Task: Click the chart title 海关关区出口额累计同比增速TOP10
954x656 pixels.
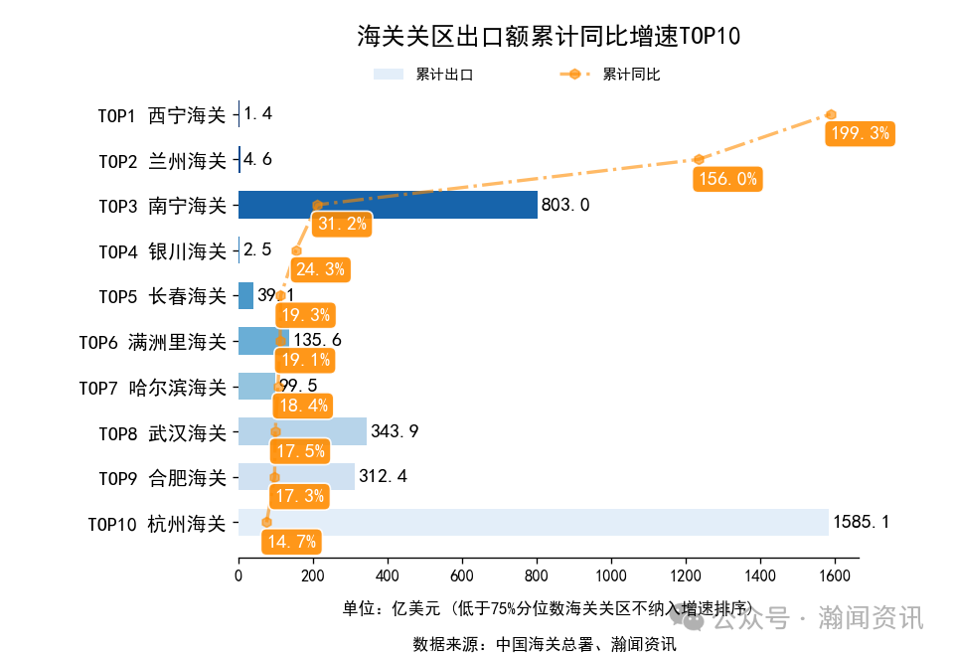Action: (x=549, y=37)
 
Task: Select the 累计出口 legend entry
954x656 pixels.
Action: (x=423, y=75)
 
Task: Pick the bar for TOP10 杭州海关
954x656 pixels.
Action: (x=533, y=522)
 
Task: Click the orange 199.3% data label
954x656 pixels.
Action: (x=860, y=133)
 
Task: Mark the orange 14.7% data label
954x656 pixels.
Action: (x=291, y=542)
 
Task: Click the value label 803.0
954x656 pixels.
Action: (x=565, y=206)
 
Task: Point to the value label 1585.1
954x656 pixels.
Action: (x=862, y=522)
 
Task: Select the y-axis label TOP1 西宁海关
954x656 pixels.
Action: (x=162, y=114)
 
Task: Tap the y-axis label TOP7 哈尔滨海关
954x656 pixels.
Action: (x=153, y=388)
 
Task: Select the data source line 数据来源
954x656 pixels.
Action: (x=545, y=644)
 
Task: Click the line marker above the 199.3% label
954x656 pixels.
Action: (x=831, y=114)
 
